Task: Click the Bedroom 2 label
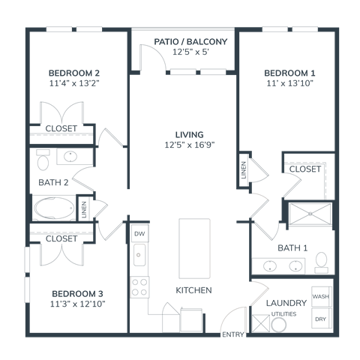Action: click(74, 73)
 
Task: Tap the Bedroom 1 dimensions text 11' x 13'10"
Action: click(289, 83)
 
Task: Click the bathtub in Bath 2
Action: click(54, 207)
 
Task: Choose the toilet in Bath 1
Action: click(322, 260)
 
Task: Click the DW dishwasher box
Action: click(139, 234)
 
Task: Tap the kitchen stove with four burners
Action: click(139, 286)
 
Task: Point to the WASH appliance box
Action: click(321, 297)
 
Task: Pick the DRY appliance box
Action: click(321, 319)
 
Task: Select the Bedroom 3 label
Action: click(78, 293)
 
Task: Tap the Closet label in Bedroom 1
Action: click(305, 169)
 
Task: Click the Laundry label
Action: click(286, 303)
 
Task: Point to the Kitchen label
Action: click(193, 289)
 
